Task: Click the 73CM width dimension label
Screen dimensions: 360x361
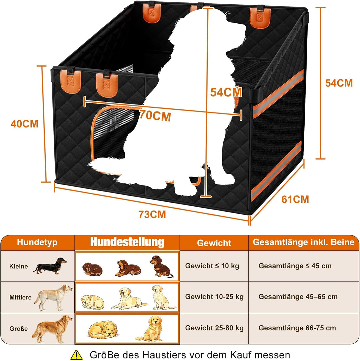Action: pyautogui.click(x=152, y=214)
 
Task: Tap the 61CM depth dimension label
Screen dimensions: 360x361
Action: pyautogui.click(x=295, y=200)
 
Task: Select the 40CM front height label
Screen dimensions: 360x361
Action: pyautogui.click(x=24, y=124)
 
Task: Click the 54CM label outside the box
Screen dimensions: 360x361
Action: pyautogui.click(x=339, y=83)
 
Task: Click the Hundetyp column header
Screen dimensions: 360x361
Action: pyautogui.click(x=37, y=242)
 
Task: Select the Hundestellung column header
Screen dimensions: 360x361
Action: pyautogui.click(x=127, y=242)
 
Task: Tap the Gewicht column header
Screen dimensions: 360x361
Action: pyautogui.click(x=214, y=243)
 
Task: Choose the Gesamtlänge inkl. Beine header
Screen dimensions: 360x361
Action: pyautogui.click(x=304, y=242)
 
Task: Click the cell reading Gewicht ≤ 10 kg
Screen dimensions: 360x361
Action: pyautogui.click(x=212, y=266)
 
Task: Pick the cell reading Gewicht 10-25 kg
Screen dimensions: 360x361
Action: pyautogui.click(x=214, y=297)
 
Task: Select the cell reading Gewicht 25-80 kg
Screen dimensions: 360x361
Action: pyautogui.click(x=214, y=328)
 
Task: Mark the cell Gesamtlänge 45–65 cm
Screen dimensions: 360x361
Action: pyautogui.click(x=298, y=297)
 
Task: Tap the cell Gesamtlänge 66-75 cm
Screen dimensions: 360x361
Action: pyautogui.click(x=297, y=328)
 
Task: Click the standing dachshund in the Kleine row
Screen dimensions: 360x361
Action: pyautogui.click(x=50, y=266)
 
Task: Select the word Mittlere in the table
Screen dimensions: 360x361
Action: pyautogui.click(x=20, y=297)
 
